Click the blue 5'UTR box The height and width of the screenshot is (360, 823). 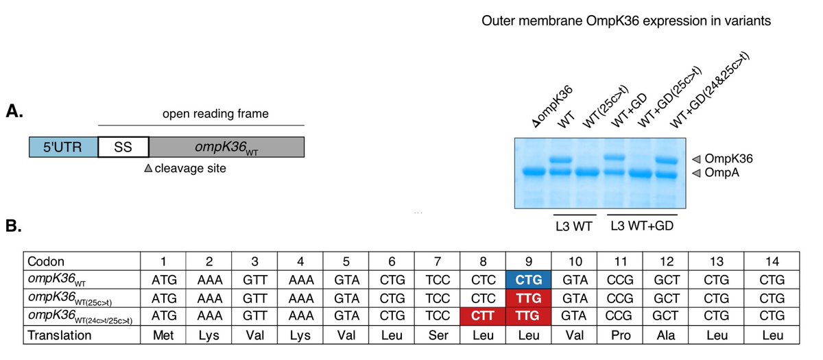pos(64,147)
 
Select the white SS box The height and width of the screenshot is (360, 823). pos(123,147)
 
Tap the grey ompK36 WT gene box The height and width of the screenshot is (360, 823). pos(227,147)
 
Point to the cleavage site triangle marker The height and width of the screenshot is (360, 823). pos(148,168)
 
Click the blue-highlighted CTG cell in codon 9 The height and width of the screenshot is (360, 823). pos(528,280)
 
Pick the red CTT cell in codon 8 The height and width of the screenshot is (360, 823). pos(483,316)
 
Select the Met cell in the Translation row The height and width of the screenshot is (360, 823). pos(163,335)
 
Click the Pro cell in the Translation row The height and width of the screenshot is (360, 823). pos(620,335)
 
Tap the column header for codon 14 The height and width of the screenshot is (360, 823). pos(772,261)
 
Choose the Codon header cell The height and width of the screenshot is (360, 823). pos(82,261)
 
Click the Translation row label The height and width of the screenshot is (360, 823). pos(60,335)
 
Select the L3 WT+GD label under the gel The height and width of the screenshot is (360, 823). pos(642,226)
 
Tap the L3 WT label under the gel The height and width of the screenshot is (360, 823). pos(574,226)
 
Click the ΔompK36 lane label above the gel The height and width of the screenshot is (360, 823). pos(553,106)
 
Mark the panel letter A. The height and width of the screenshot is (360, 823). pos(14,111)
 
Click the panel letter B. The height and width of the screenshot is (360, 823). pos(14,226)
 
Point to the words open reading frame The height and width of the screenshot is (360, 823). pos(215,114)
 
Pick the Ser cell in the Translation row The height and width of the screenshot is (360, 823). pos(438,335)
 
